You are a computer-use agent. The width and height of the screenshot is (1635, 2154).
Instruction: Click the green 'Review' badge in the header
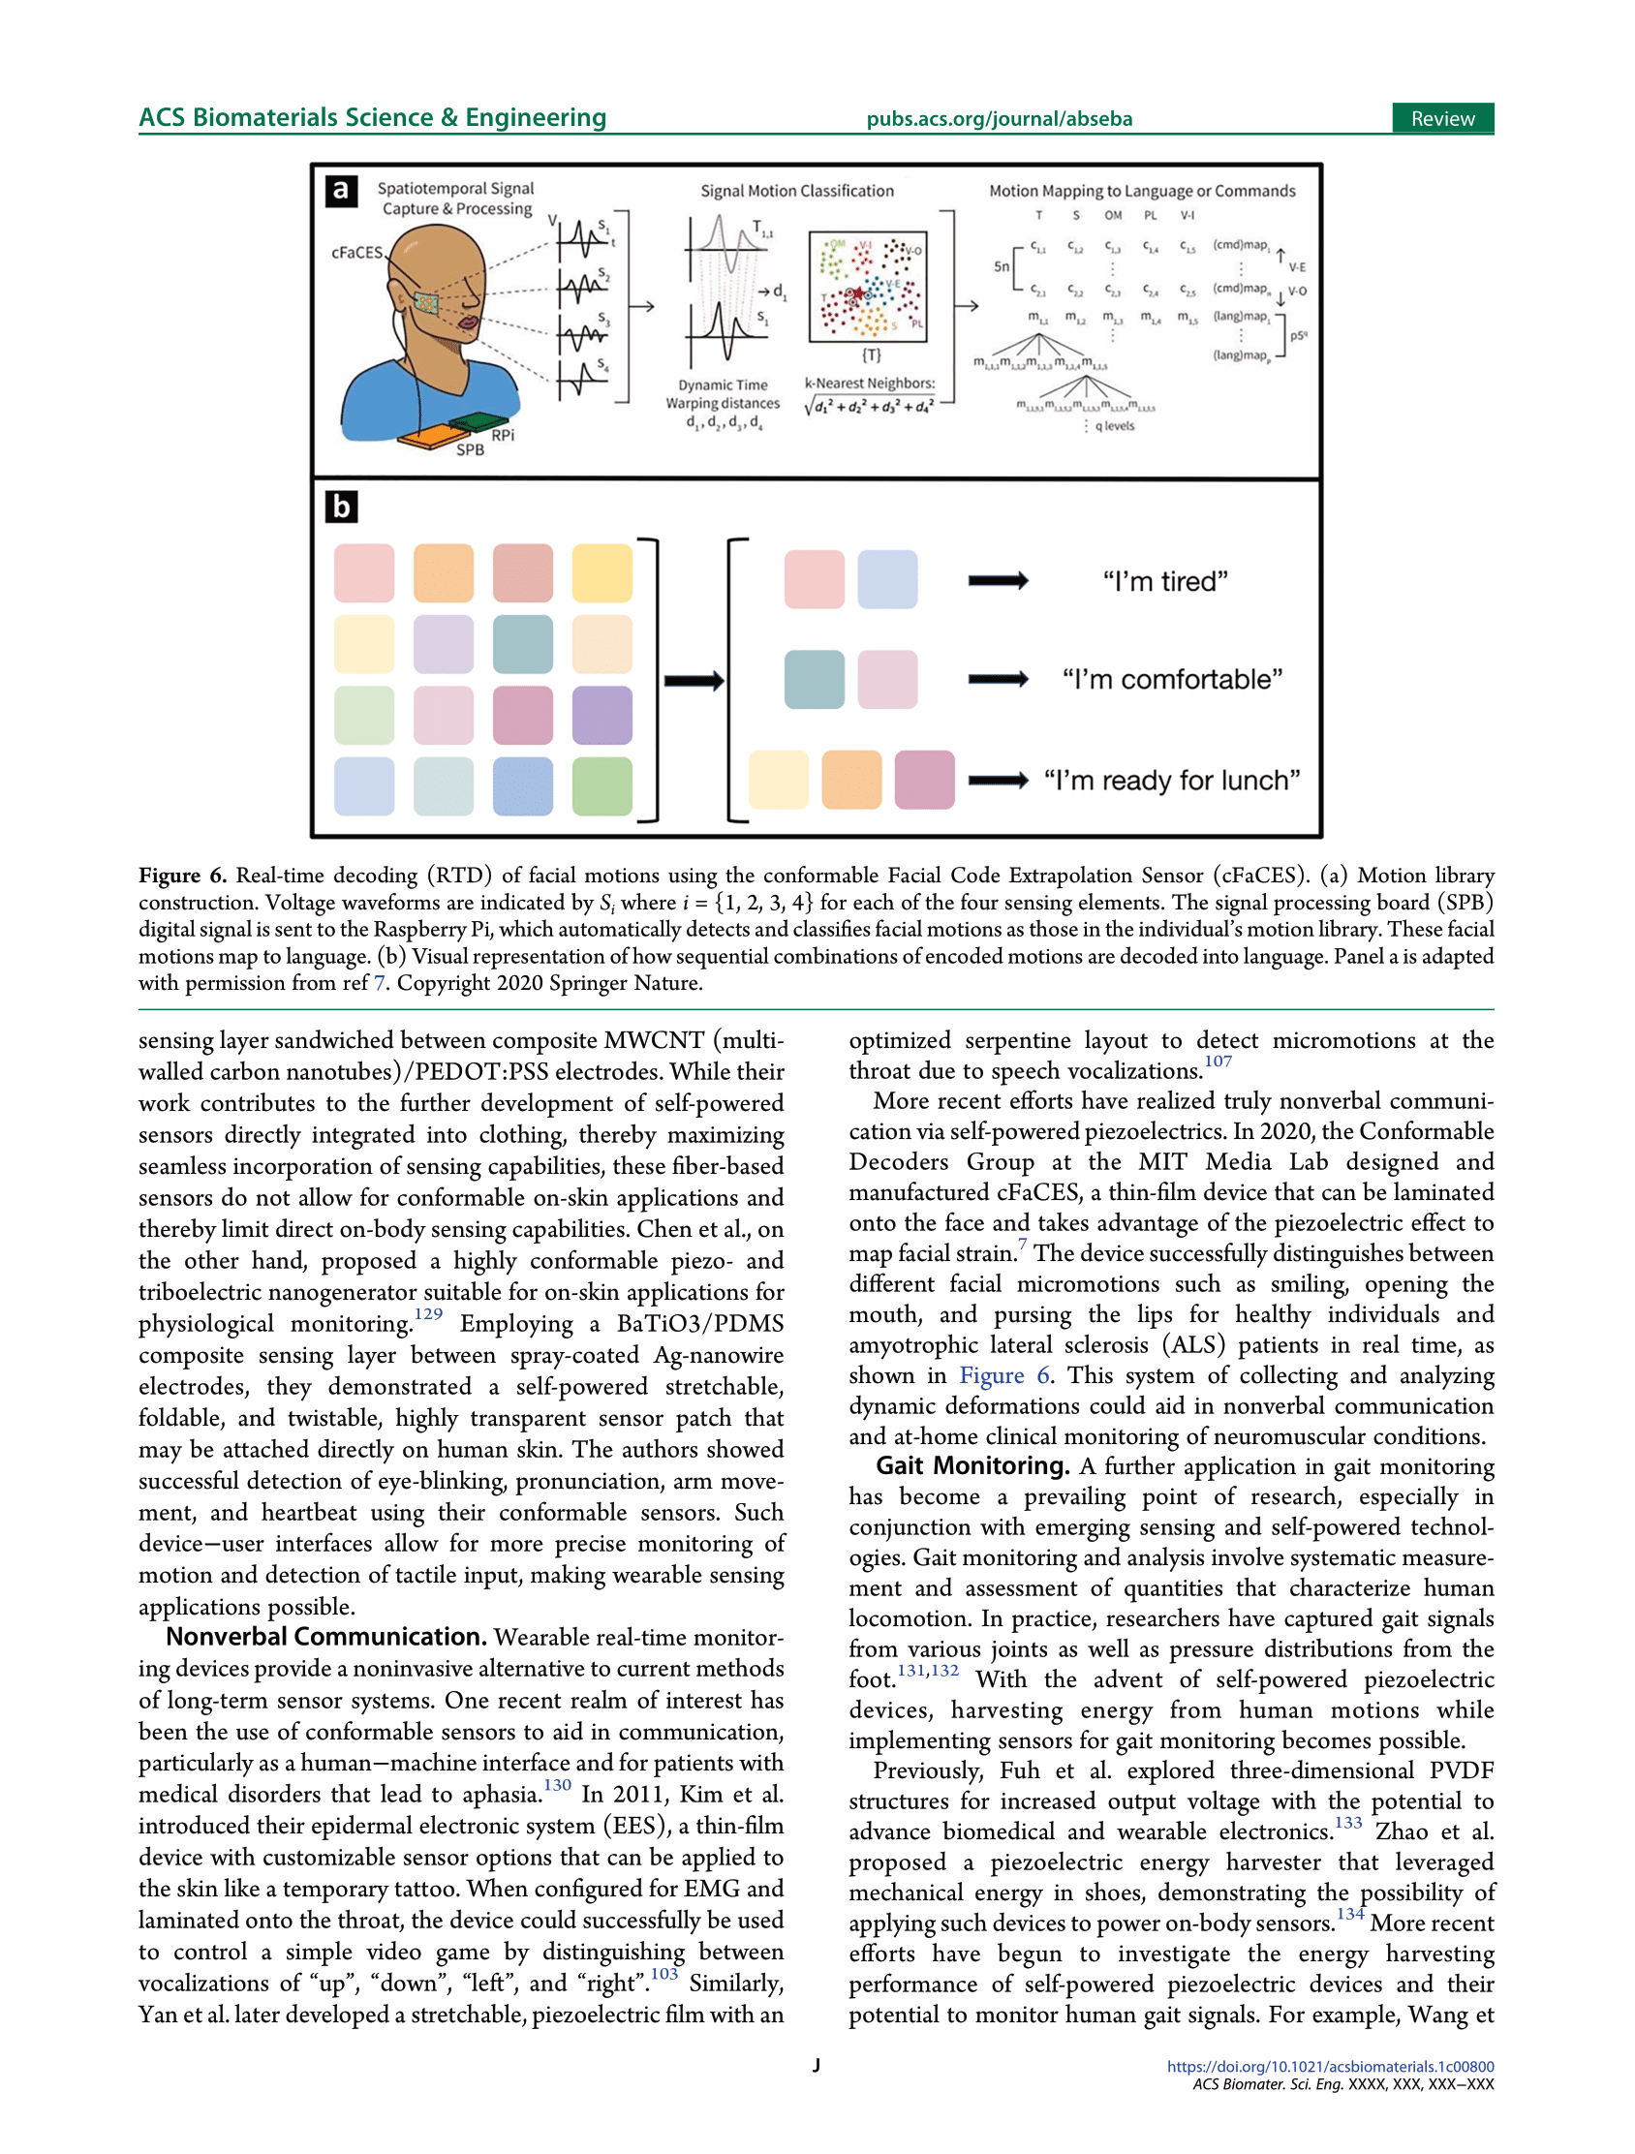1441,119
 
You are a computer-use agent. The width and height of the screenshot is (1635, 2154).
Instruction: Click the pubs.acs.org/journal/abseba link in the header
999,120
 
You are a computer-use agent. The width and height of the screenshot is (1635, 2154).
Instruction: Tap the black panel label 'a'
341,190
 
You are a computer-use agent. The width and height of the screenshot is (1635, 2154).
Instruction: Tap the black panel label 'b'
341,507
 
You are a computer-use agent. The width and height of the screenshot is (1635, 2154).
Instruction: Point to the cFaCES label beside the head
357,252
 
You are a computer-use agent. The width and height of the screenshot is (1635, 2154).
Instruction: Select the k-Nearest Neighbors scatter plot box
868,287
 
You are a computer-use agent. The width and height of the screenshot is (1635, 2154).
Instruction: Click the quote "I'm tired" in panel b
1164,581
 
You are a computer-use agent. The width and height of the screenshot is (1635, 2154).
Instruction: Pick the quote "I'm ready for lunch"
1171,780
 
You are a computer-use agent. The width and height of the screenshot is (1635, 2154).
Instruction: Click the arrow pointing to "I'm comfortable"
997,679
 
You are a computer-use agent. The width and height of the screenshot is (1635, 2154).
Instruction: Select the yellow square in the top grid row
602,572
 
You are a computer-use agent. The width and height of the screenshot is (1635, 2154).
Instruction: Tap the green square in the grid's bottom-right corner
602,785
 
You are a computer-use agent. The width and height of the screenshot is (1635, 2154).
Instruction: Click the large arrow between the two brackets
694,681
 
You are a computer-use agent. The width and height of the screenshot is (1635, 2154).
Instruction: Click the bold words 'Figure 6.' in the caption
182,876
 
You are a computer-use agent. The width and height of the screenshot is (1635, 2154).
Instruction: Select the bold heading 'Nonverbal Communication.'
326,1637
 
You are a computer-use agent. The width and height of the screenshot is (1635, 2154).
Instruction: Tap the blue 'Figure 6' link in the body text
1004,1375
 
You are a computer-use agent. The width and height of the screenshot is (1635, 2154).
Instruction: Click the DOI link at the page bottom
1329,2067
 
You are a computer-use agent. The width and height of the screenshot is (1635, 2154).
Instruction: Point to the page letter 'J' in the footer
816,2065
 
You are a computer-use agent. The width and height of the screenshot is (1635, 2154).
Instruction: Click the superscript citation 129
427,1313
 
